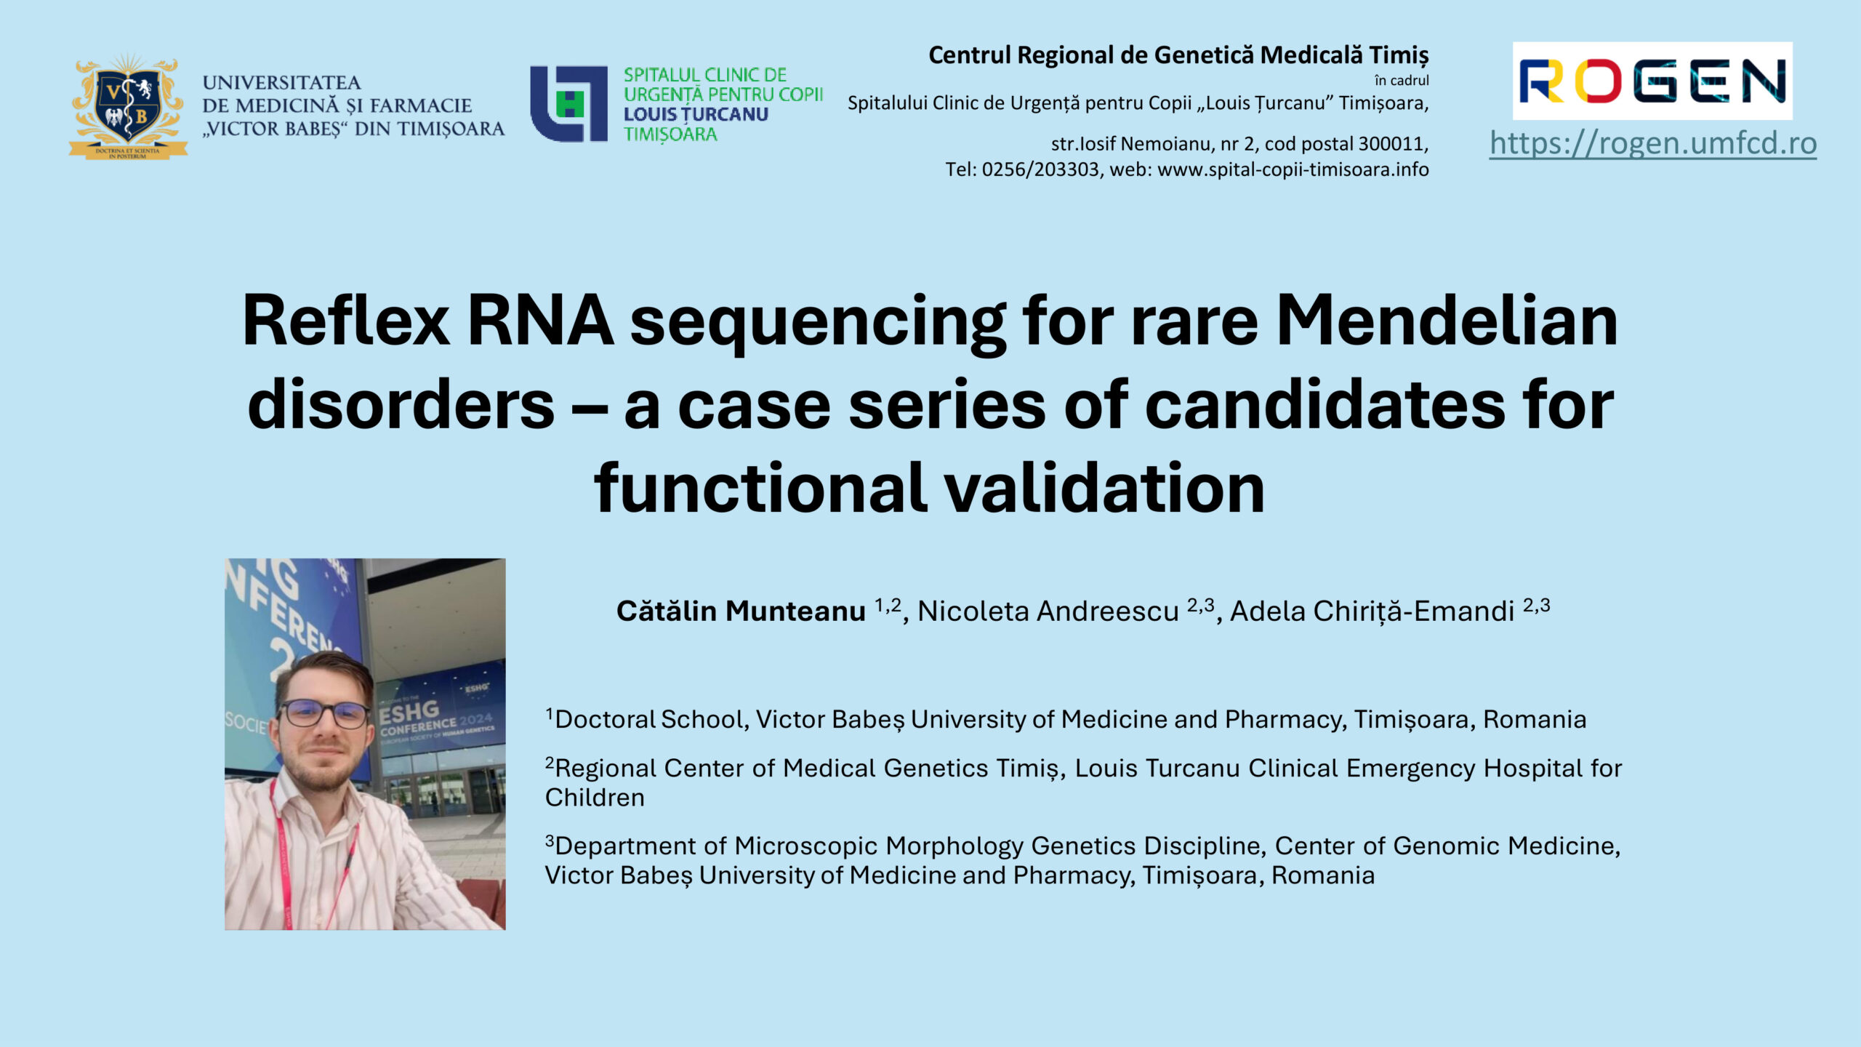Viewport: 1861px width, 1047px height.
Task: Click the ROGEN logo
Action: coord(1652,80)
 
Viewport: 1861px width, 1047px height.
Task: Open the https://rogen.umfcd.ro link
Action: coord(1653,143)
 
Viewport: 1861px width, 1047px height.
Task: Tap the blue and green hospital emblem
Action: coord(568,104)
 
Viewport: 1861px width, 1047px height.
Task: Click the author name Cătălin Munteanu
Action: coord(741,611)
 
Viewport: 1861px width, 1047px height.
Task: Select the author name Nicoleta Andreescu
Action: coord(1048,611)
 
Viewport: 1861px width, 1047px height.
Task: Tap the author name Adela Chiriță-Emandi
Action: coord(1372,611)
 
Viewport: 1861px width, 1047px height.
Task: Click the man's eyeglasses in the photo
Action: coord(324,713)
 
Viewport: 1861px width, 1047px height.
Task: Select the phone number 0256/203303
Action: coord(1041,169)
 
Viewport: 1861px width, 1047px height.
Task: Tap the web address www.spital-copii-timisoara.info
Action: coord(1293,169)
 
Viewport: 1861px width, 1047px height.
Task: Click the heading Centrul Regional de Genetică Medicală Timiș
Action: coord(1178,55)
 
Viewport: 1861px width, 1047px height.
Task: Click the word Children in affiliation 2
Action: coord(595,798)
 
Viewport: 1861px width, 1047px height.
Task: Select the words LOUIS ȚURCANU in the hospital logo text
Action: coord(696,114)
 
